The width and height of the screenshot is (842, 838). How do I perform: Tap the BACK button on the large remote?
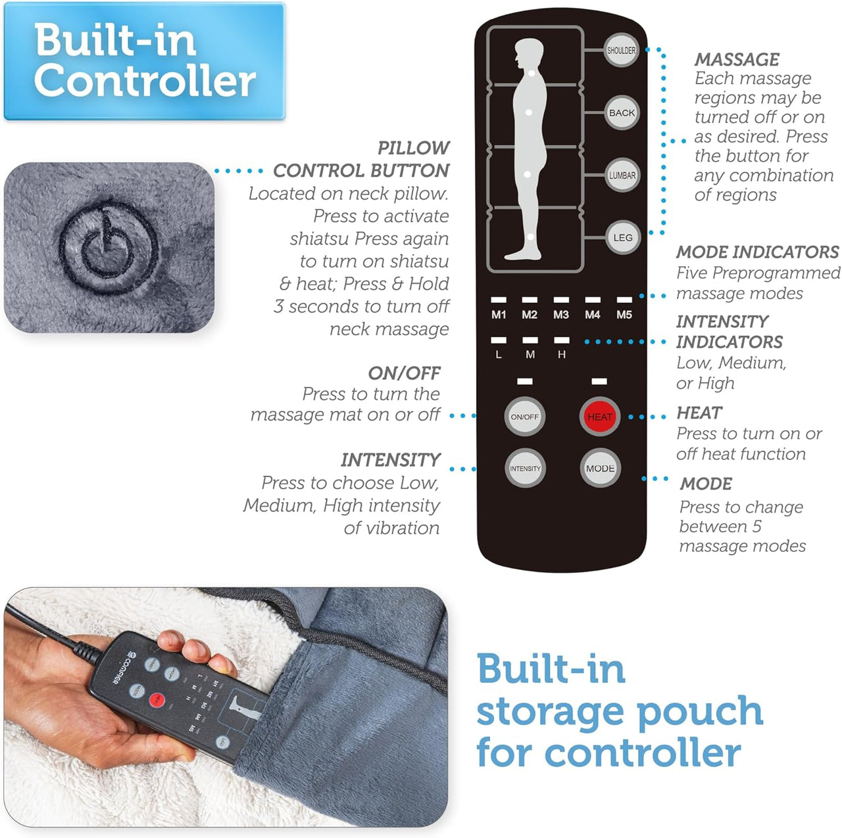coord(622,113)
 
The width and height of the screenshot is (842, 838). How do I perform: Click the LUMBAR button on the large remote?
coord(622,175)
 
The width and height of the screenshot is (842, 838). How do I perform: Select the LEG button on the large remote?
coord(622,238)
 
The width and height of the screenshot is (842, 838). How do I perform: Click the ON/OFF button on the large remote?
coord(524,417)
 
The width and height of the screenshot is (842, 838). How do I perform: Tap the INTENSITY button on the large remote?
coord(524,469)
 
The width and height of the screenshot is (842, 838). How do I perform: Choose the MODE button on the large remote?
coord(600,469)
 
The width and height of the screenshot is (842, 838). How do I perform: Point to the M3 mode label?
coord(561,315)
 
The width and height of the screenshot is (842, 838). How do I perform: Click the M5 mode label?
coord(624,315)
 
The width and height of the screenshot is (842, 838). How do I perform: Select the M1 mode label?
coord(499,315)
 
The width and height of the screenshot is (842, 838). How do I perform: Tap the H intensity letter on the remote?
coord(562,354)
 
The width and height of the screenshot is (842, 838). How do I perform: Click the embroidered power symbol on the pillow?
coord(109,246)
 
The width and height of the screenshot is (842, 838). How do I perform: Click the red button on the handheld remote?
coord(157,700)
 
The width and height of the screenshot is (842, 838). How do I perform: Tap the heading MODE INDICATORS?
coord(757,252)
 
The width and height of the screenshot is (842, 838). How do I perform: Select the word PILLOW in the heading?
coord(414,148)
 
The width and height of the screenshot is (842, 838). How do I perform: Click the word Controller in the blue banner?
coord(145,81)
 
